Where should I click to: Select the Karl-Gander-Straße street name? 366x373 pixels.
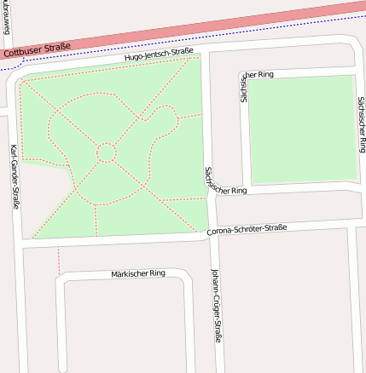(x=15, y=176)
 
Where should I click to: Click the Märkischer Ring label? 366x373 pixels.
(x=137, y=274)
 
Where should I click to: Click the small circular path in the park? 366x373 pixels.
(x=107, y=152)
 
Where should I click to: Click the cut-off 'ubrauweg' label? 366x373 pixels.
(x=7, y=14)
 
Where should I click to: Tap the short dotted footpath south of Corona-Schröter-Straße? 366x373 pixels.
(x=59, y=259)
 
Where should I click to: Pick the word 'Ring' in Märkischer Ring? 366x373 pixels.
(x=156, y=274)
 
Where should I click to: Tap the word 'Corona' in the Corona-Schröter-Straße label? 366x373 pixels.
(x=221, y=232)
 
